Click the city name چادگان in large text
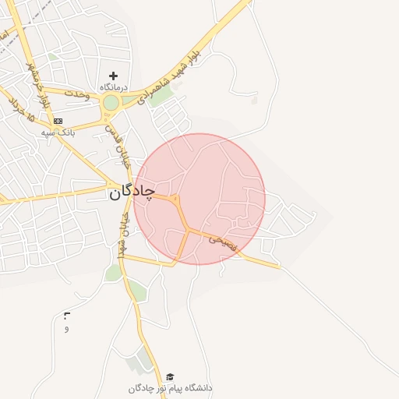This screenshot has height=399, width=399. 132,190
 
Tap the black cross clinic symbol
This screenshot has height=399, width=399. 114,76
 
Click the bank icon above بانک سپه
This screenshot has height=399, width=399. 58,121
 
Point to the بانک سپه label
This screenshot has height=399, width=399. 58,132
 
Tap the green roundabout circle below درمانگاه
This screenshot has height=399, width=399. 111,102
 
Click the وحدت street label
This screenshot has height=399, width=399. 79,93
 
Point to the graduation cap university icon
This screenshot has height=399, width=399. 170,376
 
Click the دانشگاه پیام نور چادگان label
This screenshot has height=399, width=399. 171,387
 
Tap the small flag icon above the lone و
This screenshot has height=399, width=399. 66,316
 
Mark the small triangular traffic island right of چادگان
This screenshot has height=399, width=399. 177,200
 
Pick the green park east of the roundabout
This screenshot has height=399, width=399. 161,97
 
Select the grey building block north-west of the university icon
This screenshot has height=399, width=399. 142,360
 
